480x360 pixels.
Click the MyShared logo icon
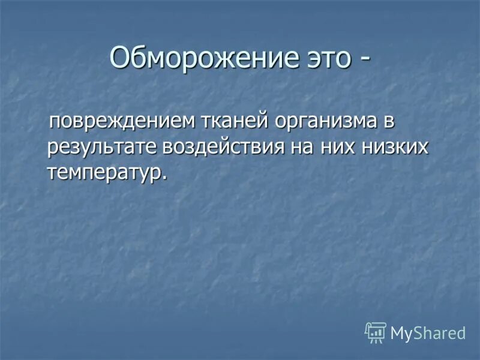click(375, 332)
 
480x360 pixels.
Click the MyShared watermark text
click(428, 333)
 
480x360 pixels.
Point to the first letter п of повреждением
click(53, 123)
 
